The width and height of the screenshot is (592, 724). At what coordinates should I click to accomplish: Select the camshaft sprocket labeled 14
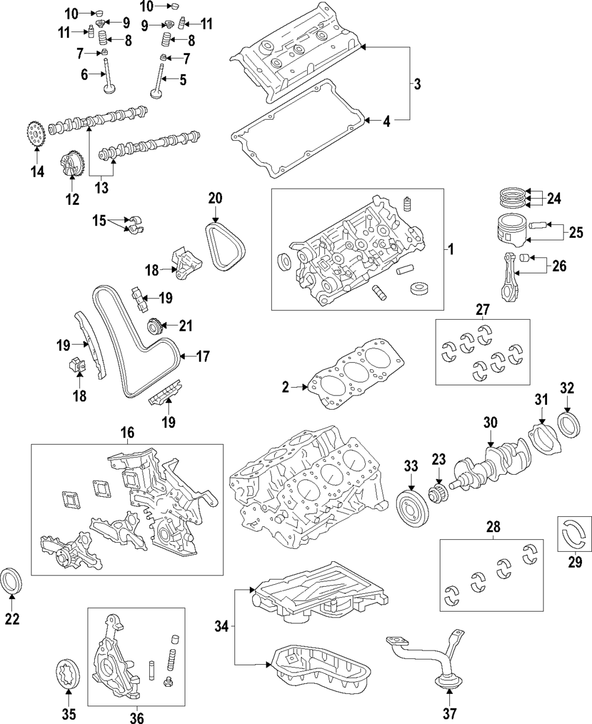(x=37, y=136)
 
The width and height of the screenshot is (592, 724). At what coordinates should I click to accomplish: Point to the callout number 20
(x=215, y=198)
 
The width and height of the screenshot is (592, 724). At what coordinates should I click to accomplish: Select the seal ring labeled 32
(x=571, y=427)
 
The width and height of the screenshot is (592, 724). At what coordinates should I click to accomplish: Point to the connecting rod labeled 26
(x=510, y=278)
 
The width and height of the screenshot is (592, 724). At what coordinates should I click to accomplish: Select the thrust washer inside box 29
(x=574, y=531)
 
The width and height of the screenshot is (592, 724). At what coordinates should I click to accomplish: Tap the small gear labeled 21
(x=154, y=326)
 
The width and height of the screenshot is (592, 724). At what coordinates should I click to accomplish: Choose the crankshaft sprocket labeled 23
(x=438, y=494)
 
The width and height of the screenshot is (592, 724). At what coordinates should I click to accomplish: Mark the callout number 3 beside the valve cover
(x=417, y=84)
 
